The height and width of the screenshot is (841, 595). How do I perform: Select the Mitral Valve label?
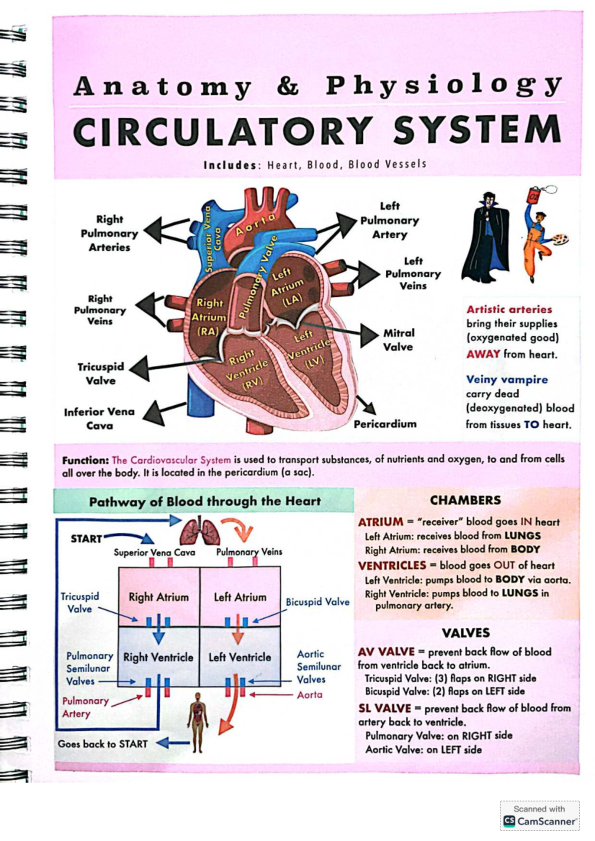[x=399, y=340]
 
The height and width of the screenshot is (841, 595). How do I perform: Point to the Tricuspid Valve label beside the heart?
[x=101, y=373]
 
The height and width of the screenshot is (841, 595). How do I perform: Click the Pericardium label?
[x=385, y=424]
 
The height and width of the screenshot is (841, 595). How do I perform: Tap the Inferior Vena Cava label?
[x=99, y=419]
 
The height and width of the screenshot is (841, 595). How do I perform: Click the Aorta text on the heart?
[x=255, y=224]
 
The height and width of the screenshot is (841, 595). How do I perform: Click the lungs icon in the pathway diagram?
[x=200, y=532]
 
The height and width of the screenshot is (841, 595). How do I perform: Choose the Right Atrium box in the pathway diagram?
[x=159, y=597]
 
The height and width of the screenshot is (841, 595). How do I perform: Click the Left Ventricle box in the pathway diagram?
[x=240, y=657]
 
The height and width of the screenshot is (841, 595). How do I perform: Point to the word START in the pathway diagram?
[x=86, y=538]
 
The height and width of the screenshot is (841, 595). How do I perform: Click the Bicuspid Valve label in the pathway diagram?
[x=317, y=602]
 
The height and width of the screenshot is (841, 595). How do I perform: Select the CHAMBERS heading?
[x=465, y=500]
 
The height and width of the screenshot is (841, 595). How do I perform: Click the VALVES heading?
[x=466, y=632]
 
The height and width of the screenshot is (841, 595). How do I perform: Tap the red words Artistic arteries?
[x=509, y=309]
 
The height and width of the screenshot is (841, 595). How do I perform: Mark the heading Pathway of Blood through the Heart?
[x=204, y=501]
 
